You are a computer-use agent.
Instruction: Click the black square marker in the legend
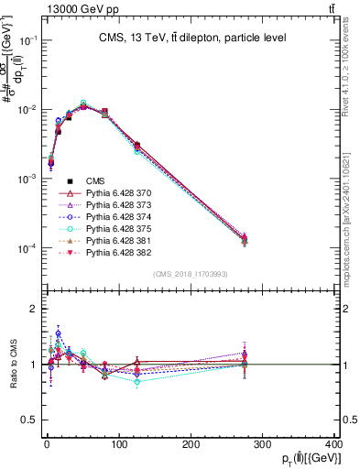[70, 180]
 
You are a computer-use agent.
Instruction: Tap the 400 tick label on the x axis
[333, 444]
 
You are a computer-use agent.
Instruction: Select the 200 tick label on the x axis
[190, 444]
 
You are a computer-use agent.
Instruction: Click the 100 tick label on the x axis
[117, 444]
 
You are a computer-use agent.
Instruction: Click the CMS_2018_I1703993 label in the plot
[190, 274]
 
